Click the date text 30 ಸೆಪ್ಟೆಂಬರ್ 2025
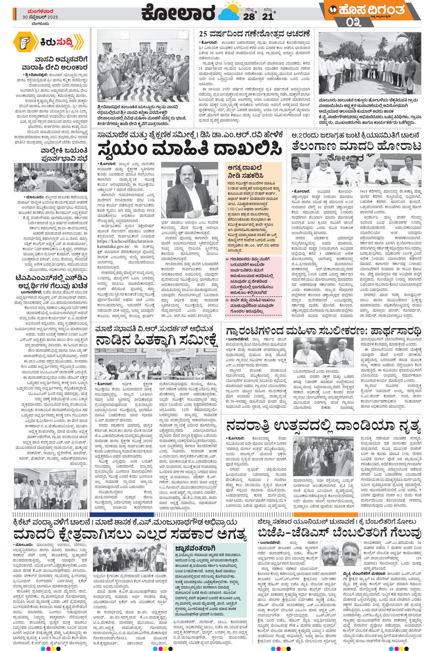(x=41, y=17)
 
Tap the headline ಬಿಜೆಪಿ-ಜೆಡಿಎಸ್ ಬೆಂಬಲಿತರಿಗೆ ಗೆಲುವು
(x=339, y=532)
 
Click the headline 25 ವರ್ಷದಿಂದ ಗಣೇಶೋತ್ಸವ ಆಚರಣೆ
(x=254, y=34)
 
